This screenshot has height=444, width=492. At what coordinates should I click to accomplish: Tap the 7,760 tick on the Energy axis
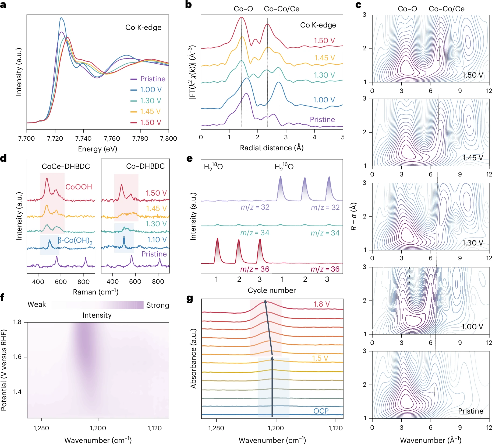(x=112, y=138)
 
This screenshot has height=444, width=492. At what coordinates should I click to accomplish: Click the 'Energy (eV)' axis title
(x=97, y=149)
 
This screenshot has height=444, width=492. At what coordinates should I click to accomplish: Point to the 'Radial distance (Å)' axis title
(x=272, y=148)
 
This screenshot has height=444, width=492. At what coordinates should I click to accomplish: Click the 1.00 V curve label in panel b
(x=324, y=100)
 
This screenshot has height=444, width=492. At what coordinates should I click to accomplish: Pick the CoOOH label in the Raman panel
(x=79, y=187)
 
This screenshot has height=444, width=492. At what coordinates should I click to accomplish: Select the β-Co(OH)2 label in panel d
(x=75, y=240)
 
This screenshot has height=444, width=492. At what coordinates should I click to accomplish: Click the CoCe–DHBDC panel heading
(x=66, y=166)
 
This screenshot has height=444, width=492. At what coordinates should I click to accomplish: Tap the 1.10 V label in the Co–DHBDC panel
(x=157, y=240)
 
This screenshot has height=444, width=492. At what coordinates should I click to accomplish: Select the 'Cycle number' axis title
(x=272, y=290)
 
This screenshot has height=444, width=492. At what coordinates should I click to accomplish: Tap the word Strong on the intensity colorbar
(x=158, y=305)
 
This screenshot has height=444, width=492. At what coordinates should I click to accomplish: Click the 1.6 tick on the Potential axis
(x=17, y=357)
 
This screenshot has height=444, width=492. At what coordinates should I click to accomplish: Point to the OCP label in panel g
(x=321, y=411)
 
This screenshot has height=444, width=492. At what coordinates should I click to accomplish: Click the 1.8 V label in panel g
(x=321, y=304)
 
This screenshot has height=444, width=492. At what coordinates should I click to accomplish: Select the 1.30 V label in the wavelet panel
(x=472, y=243)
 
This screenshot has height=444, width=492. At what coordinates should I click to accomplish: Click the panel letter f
(x=2, y=298)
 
